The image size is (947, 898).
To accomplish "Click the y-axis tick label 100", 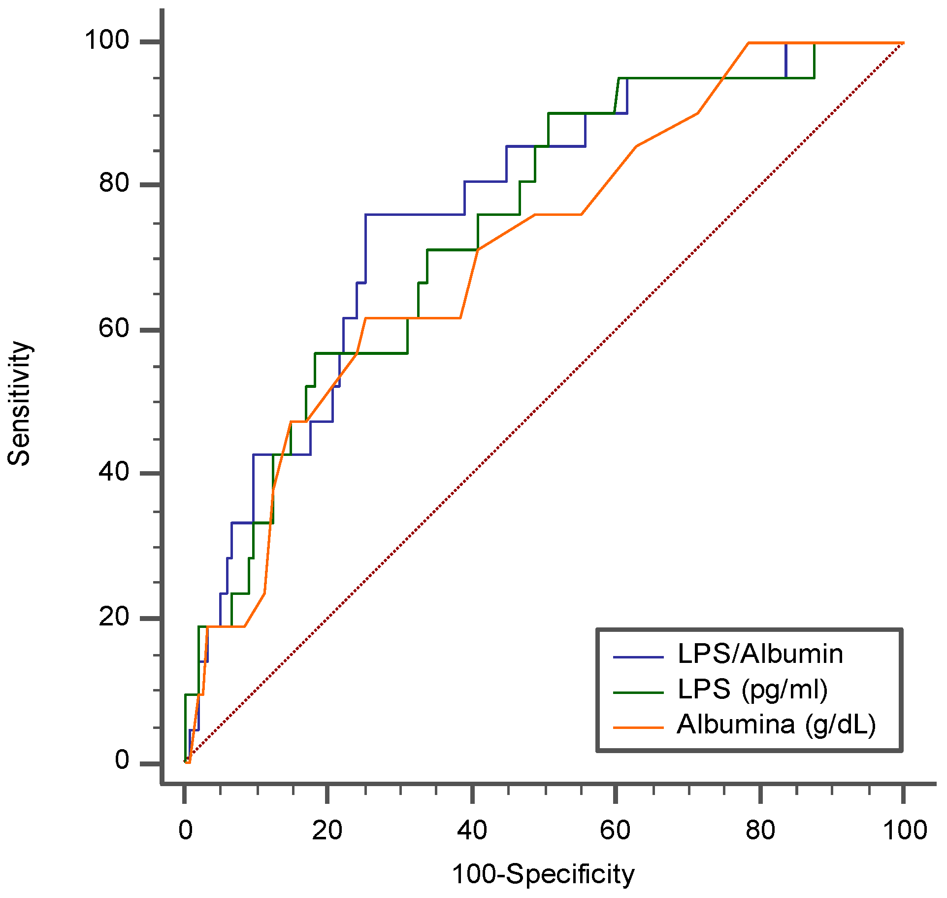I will tap(107, 40).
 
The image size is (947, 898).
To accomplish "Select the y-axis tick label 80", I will tap(114, 183).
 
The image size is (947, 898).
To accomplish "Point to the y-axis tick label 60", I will tap(114, 328).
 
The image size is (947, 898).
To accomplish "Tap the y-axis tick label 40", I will tap(114, 472).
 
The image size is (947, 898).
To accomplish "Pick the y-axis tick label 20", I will tap(114, 617).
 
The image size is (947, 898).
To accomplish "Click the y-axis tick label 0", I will tap(122, 760).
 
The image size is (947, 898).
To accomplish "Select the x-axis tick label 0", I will tap(185, 830).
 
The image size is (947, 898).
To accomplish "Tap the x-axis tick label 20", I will tap(327, 830).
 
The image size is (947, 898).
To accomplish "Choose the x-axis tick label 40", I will tap(472, 830).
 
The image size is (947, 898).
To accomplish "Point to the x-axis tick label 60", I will tap(615, 830).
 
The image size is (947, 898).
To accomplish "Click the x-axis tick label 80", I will tap(760, 830).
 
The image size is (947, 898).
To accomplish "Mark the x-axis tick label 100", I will tap(905, 830).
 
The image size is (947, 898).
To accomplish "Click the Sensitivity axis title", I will tap(20, 403).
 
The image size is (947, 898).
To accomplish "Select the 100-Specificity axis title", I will tap(543, 875).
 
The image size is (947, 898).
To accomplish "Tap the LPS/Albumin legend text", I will tap(760, 654).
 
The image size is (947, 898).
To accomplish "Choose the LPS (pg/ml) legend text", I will tap(752, 690).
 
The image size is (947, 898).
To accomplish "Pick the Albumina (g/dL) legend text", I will tap(777, 725).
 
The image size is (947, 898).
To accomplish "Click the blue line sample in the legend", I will tap(638, 657).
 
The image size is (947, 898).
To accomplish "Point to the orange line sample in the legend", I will tap(638, 727).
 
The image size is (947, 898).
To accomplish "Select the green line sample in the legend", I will tap(638, 692).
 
